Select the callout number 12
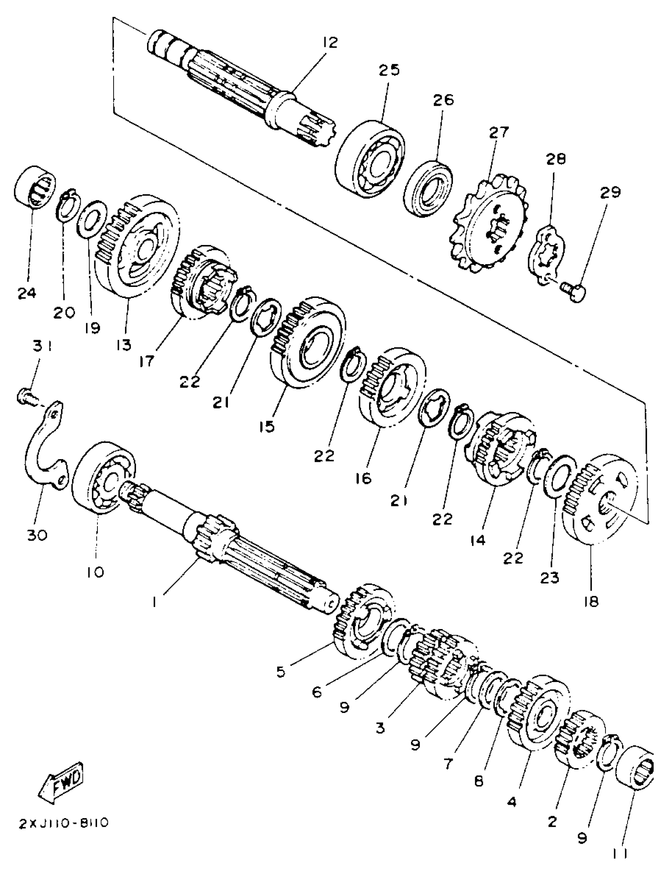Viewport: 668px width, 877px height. pos(330,42)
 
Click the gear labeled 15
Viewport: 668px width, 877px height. pos(308,342)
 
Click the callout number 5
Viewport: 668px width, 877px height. pos(281,672)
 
